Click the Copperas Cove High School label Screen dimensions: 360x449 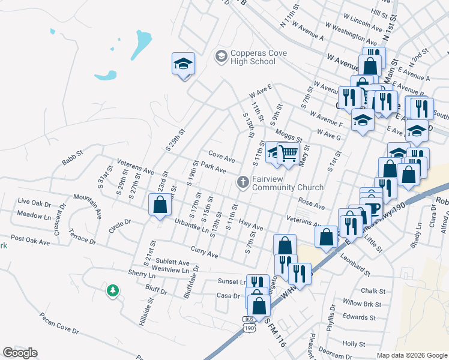(x=252, y=57)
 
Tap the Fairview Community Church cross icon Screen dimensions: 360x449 (x=243, y=181)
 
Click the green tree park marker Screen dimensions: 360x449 (x=112, y=291)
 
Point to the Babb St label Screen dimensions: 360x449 (x=72, y=161)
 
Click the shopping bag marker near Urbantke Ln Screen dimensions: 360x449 (x=160, y=206)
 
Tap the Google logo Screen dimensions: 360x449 (x=20, y=352)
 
